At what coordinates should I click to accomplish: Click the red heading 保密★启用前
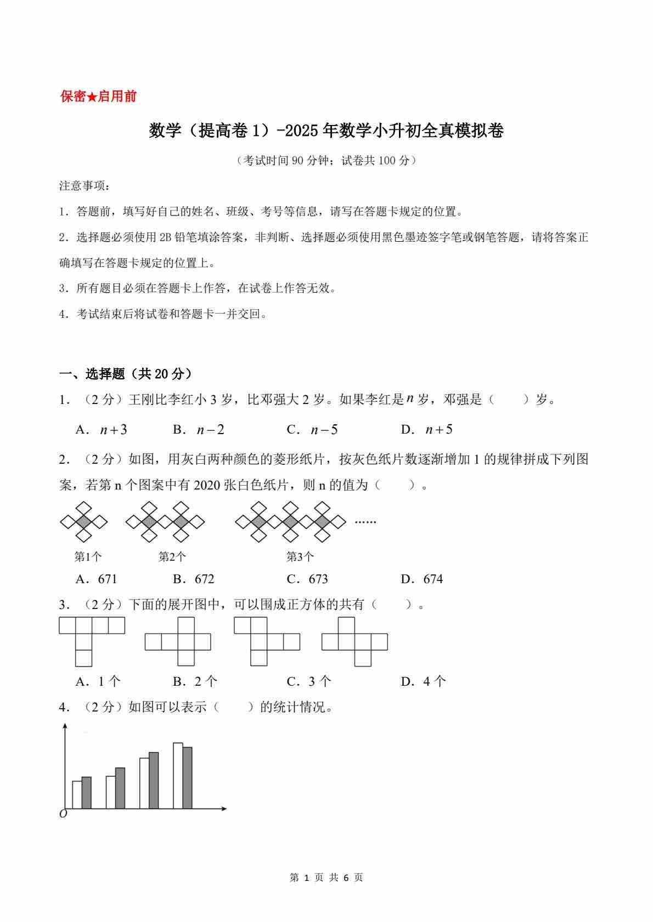98,97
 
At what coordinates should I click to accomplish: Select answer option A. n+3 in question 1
102,430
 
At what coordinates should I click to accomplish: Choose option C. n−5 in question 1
312,430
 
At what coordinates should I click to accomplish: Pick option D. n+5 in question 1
427,430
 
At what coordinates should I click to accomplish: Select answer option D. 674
422,579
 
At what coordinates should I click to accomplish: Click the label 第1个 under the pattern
88,557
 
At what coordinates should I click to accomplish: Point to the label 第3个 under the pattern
300,557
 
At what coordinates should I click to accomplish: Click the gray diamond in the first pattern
83,522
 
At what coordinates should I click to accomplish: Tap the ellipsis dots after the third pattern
365,522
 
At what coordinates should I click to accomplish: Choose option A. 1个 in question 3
98,681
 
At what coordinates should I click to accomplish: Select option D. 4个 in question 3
424,681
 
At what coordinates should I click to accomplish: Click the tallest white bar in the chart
178,775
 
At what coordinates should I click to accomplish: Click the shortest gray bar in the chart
86,792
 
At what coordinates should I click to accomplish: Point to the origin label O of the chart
63,814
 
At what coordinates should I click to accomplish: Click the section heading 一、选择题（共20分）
126,374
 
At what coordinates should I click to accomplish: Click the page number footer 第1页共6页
326,878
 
